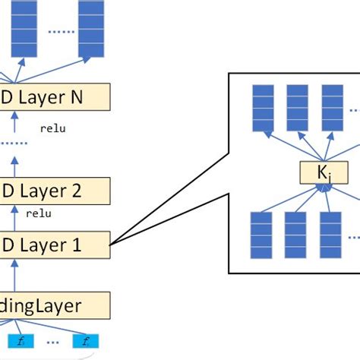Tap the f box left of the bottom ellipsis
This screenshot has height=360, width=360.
(x=21, y=341)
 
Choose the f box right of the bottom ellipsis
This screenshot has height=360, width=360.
(x=86, y=341)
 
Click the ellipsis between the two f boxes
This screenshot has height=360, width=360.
(x=53, y=341)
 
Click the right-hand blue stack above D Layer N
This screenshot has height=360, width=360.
(x=92, y=30)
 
